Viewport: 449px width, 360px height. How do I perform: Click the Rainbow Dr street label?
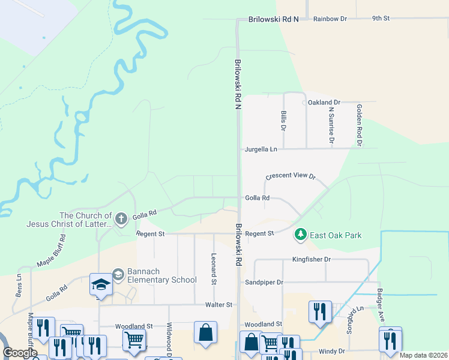(334, 19)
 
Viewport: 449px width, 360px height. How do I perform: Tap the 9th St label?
(381, 19)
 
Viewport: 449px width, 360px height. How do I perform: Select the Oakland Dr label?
(324, 103)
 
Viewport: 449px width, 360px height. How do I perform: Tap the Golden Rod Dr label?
(359, 125)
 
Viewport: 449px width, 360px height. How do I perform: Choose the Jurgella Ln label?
(261, 149)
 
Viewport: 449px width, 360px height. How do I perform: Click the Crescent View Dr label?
(291, 176)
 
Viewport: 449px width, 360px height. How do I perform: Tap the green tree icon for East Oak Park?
(300, 235)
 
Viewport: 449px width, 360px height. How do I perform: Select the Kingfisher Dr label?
(311, 259)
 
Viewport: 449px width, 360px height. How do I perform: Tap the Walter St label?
(218, 305)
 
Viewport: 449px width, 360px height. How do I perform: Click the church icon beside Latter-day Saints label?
(121, 218)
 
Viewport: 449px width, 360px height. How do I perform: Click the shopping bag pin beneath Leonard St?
(205, 332)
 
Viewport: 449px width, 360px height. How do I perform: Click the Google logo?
(19, 352)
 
